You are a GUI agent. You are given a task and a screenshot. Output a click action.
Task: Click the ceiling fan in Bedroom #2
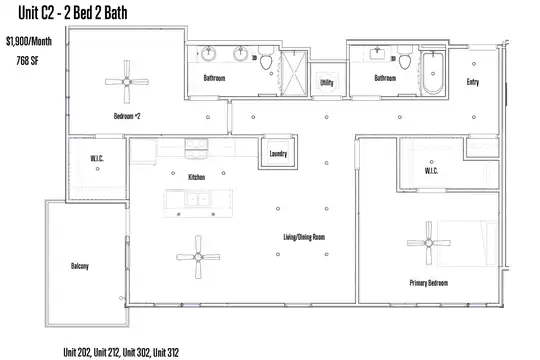point(127,82)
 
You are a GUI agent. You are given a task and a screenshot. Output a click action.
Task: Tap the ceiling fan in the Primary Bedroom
point(429,243)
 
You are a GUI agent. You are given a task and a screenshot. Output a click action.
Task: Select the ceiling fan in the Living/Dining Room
point(198,257)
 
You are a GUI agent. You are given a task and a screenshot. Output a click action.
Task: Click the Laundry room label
point(278,153)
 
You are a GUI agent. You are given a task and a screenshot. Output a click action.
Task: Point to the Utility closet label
point(326,82)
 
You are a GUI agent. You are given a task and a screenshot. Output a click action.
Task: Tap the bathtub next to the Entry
point(433,73)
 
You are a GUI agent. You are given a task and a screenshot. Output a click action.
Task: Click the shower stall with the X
point(294,73)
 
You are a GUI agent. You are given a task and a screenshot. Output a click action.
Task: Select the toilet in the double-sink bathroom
point(266,58)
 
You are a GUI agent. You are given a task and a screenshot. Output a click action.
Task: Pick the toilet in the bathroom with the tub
point(405,58)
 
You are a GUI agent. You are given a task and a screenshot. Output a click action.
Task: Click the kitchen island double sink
point(198,199)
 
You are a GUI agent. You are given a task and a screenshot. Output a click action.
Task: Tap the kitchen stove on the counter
point(196,148)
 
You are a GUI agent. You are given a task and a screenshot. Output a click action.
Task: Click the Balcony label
point(80,266)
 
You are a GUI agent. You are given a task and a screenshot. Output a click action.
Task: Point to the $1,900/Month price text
point(29,41)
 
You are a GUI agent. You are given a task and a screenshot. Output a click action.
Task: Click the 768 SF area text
point(28,61)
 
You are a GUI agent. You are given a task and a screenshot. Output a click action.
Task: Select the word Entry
point(473,82)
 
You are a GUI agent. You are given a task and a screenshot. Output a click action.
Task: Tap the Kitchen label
point(197,177)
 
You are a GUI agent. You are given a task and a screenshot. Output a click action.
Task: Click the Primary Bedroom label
point(429,283)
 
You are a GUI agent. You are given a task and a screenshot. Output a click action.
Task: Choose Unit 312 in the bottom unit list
point(166,352)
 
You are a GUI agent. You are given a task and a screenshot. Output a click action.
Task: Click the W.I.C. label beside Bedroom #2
point(97,158)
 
